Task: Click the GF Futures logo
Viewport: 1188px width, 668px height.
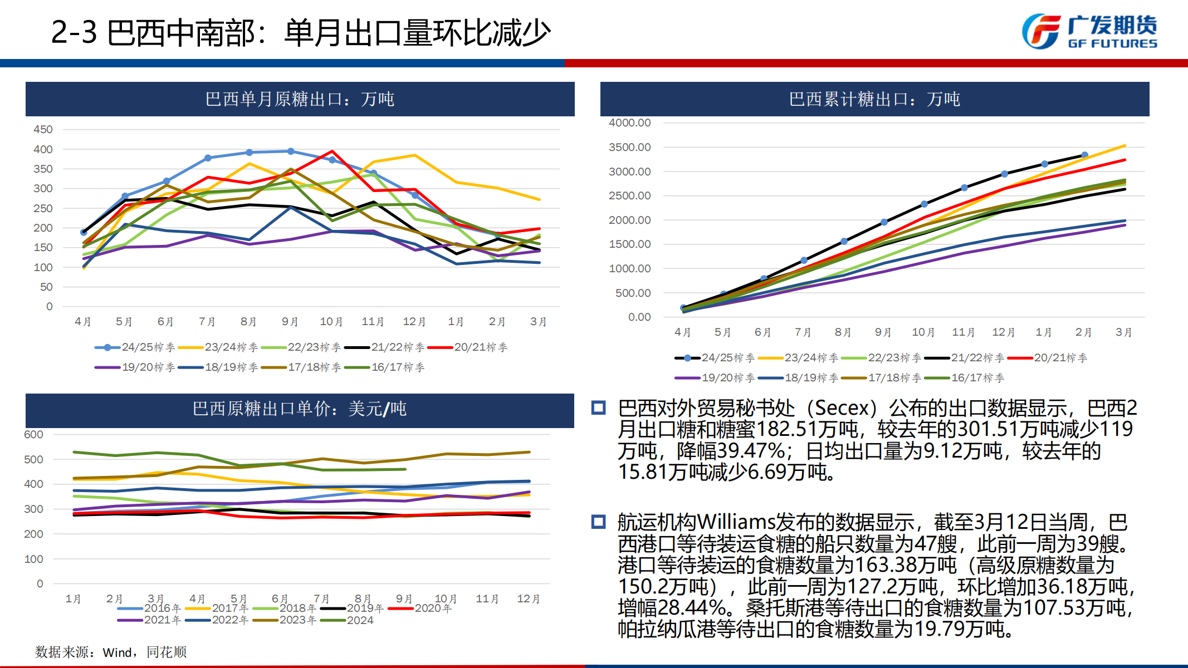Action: (1089, 32)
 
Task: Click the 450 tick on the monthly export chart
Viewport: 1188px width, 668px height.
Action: (43, 129)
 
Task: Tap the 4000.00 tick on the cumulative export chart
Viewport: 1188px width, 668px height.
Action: (629, 122)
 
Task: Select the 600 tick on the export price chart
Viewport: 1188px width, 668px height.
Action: (33, 434)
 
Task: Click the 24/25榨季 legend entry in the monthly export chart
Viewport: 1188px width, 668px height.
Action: (135, 347)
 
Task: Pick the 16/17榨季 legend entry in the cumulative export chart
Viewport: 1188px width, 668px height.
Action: (965, 378)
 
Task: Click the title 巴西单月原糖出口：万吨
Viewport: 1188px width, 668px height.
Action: (300, 99)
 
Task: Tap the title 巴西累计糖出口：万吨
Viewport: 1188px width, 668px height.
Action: (874, 99)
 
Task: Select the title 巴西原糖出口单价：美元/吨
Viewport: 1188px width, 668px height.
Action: (300, 409)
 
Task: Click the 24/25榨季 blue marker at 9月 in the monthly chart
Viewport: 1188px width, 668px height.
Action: (291, 151)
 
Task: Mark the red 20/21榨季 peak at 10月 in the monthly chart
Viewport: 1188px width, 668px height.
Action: (333, 151)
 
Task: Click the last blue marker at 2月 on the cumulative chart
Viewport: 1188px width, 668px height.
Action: (1084, 155)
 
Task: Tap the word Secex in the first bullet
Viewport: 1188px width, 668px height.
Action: (842, 408)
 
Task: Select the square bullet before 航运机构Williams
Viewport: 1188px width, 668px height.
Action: (599, 522)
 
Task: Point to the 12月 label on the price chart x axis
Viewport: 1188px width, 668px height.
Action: (528, 599)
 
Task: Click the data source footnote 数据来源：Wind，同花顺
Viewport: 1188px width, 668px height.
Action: (111, 652)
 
